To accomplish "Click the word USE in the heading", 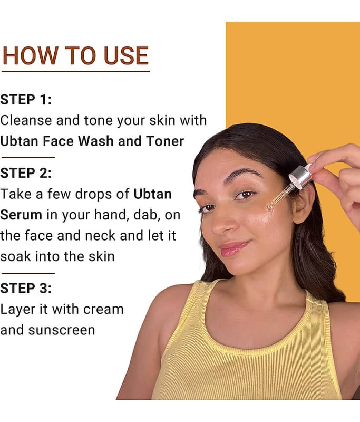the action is tap(126, 56).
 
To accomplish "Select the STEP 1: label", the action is tap(26, 100).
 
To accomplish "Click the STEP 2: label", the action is tap(26, 173).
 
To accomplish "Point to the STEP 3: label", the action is tap(26, 288).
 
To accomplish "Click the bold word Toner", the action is tap(165, 141).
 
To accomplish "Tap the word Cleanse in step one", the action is tap(26, 120).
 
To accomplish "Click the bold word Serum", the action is tap(21, 215).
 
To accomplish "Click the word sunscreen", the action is tap(62, 330).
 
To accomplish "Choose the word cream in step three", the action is tap(103, 310).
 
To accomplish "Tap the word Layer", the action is tap(18, 310).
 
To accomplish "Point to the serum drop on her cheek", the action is tap(270, 208).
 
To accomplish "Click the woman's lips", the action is tap(234, 248).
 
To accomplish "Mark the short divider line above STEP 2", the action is tap(28, 157).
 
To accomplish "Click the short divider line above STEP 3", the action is tap(28, 273).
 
